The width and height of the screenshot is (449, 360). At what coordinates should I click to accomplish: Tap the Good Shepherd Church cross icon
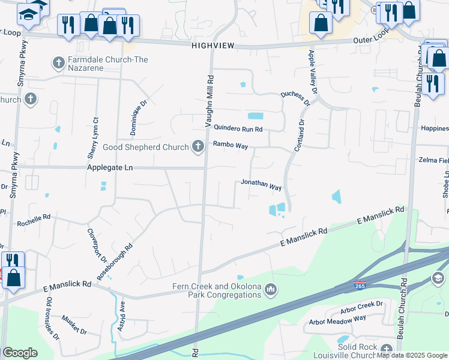[x=197, y=146]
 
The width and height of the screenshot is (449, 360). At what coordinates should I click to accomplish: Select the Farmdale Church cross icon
[x=59, y=61]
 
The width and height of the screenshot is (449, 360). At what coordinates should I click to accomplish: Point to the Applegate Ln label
[x=110, y=168]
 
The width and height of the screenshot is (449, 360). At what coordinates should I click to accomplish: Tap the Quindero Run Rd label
[x=238, y=128]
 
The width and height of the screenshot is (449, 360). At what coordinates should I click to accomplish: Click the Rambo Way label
[x=230, y=145]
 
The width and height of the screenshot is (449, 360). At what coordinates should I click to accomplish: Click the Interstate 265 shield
[x=360, y=284]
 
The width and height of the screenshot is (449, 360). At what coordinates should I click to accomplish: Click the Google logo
[x=20, y=352]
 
